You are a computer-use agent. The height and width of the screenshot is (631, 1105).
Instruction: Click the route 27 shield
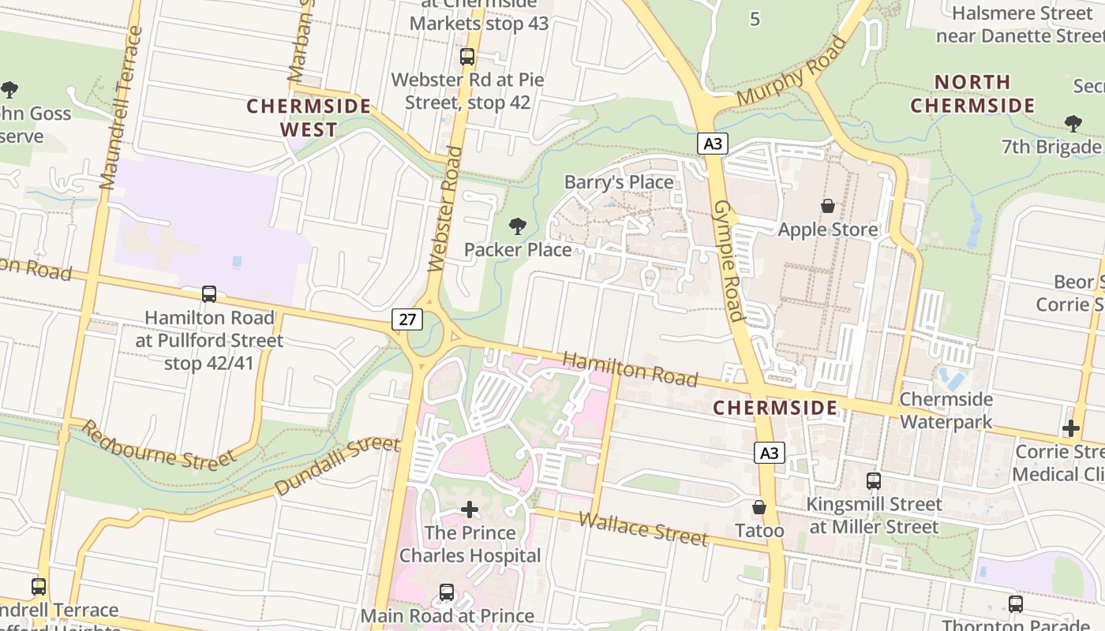[406, 319]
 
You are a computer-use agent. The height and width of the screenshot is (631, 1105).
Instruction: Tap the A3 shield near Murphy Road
[712, 143]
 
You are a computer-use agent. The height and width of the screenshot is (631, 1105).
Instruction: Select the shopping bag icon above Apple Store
[828, 206]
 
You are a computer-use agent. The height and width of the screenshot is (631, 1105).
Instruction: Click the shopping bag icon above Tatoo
[759, 507]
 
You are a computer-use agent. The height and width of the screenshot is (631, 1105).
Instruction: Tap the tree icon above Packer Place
[518, 227]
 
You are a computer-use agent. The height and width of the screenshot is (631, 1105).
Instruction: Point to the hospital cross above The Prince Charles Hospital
[470, 510]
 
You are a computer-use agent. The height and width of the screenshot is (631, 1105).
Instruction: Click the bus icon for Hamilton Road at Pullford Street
[209, 294]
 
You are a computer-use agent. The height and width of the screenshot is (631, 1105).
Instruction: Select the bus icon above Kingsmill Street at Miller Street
[874, 480]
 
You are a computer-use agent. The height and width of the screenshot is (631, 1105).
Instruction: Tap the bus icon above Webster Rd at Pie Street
[467, 57]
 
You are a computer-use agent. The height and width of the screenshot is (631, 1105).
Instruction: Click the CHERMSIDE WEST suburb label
[309, 118]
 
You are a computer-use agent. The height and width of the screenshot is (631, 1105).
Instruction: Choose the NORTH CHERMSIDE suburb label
[972, 94]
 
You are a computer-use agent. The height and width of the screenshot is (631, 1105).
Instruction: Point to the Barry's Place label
[619, 182]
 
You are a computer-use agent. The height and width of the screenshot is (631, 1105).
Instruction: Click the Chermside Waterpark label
[946, 410]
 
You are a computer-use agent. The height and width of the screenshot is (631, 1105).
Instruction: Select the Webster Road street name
[444, 209]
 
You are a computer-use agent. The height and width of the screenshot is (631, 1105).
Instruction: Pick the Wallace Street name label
[642, 528]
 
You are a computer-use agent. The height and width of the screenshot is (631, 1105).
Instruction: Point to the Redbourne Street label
[158, 446]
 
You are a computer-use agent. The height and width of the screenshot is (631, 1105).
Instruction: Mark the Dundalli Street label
[337, 465]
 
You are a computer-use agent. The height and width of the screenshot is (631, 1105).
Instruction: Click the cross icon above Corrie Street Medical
[1071, 428]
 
